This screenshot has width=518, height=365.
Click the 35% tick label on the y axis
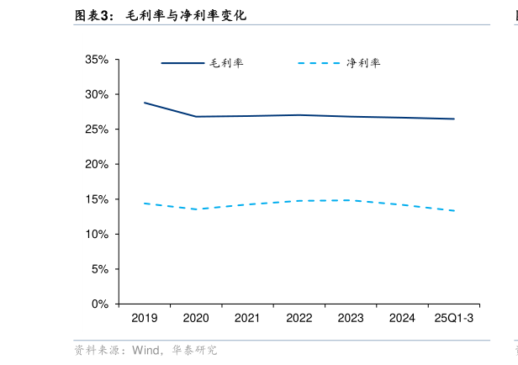(x=96, y=60)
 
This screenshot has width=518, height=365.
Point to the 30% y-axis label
(x=96, y=94)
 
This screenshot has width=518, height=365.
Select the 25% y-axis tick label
(x=96, y=130)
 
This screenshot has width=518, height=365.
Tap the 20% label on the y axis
(x=96, y=165)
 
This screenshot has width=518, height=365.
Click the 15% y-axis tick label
(x=96, y=199)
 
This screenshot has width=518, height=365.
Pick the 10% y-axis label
(x=96, y=234)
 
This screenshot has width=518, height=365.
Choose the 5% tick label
(x=99, y=269)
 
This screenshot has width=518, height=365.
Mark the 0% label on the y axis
(x=99, y=304)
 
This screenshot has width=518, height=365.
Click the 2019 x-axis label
(x=145, y=318)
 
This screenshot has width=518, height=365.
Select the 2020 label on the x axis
(x=196, y=318)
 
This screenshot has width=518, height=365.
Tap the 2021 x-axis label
(x=247, y=318)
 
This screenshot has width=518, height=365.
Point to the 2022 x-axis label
(x=299, y=318)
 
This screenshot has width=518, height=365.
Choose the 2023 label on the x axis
(x=351, y=318)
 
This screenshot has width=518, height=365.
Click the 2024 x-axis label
(x=402, y=318)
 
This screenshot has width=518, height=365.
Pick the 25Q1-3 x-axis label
(x=454, y=318)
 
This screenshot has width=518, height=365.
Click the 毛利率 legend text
(x=226, y=63)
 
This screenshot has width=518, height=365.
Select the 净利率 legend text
(x=363, y=63)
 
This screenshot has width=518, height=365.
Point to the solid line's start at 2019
(x=145, y=103)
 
